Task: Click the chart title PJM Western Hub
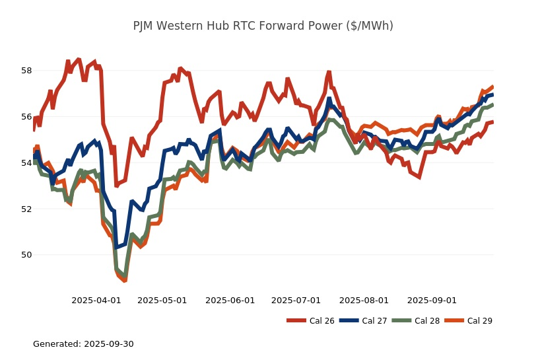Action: tap(263, 26)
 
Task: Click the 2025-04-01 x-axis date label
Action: tap(96, 300)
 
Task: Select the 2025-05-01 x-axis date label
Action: tap(162, 300)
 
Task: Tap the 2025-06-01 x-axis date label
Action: tap(230, 300)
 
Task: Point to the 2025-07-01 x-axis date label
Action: tap(296, 300)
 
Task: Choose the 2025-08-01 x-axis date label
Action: tap(364, 300)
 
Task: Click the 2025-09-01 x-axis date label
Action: tap(432, 300)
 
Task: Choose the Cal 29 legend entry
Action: tap(468, 321)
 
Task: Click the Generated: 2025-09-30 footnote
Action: tap(83, 344)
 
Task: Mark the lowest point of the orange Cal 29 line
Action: tap(124, 281)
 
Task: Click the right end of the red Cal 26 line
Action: tap(493, 122)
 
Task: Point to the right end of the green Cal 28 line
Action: tap(493, 104)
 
